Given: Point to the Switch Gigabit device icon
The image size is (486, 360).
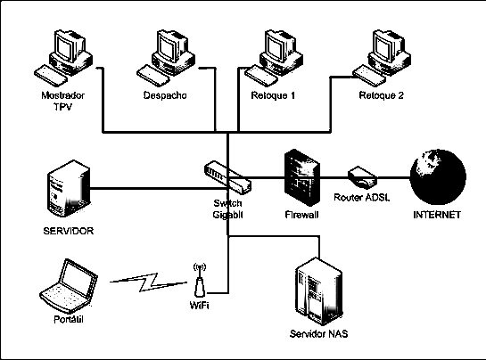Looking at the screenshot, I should [x=227, y=176].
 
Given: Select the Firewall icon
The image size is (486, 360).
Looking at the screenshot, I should [x=301, y=177].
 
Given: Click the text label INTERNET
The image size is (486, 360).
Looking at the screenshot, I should [x=437, y=215].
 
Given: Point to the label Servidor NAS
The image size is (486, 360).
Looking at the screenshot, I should [x=318, y=334].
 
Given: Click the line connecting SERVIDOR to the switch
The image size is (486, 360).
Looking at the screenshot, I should [x=143, y=188].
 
